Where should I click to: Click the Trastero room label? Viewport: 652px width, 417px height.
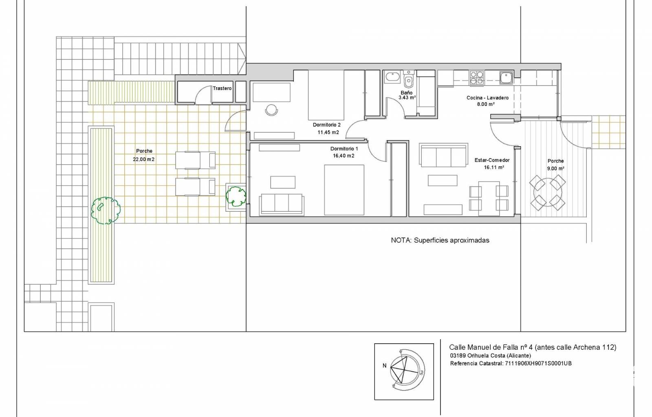click(x=222, y=88)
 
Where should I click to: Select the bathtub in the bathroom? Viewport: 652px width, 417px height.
click(x=393, y=77)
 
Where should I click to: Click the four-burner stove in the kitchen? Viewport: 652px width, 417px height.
click(x=476, y=78)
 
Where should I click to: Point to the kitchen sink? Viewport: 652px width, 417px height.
click(x=506, y=78)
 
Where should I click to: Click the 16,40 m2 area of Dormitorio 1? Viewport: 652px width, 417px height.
click(x=344, y=156)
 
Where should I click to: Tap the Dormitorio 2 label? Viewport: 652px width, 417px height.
click(x=326, y=125)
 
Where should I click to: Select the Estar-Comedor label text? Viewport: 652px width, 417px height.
click(x=492, y=160)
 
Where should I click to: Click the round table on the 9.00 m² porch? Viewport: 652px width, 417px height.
click(x=548, y=193)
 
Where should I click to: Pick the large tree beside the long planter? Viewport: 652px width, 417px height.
click(x=106, y=211)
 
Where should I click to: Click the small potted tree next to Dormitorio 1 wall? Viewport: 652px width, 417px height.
click(x=236, y=197)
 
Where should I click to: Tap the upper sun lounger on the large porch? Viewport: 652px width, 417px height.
click(x=195, y=160)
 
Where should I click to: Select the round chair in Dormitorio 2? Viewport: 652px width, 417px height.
click(x=271, y=110)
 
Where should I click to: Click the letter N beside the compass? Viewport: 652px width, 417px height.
click(x=385, y=366)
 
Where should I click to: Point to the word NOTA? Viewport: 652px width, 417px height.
click(x=401, y=240)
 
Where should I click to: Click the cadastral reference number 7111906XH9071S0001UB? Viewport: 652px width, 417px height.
click(x=538, y=363)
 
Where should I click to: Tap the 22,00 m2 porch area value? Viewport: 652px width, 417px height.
click(x=143, y=159)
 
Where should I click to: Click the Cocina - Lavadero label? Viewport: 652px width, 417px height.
click(x=487, y=98)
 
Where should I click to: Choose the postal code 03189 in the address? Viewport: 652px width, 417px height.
click(x=458, y=356)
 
